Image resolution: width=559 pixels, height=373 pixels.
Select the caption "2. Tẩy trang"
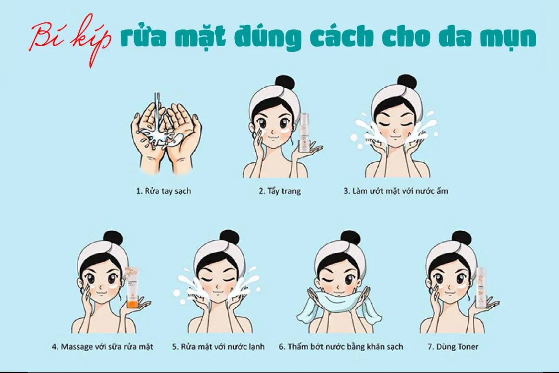279,191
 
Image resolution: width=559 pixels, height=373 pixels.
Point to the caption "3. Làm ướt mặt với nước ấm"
396,191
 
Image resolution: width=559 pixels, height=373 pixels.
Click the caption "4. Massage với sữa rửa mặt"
102,347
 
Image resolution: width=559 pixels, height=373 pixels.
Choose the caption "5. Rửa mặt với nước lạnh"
218,347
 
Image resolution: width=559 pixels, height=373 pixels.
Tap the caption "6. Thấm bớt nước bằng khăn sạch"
341,347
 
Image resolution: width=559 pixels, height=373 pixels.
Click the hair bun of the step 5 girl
229,238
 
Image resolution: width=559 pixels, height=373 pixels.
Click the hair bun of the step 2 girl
284,83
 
